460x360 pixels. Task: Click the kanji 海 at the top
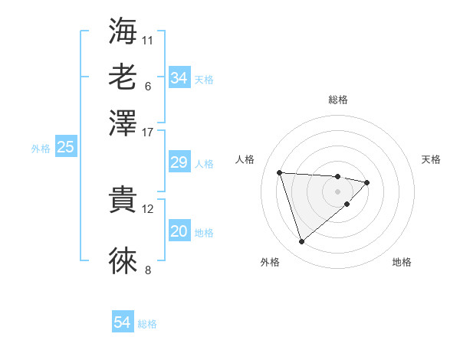(123, 31)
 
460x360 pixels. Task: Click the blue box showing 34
(179, 78)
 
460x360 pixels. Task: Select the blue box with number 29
(179, 162)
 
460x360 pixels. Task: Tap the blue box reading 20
(179, 232)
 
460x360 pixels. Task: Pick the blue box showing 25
(65, 148)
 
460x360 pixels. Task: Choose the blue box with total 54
(123, 323)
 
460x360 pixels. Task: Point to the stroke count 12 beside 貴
(148, 208)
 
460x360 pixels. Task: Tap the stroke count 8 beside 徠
(148, 269)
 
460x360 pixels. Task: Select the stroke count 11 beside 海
(148, 39)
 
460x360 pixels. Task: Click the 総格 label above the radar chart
(338, 100)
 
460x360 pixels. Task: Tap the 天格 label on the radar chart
(431, 159)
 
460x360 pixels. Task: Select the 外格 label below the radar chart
(270, 262)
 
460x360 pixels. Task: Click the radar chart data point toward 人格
(280, 172)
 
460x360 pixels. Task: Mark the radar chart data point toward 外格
(301, 242)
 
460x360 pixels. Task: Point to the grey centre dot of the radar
(338, 191)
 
